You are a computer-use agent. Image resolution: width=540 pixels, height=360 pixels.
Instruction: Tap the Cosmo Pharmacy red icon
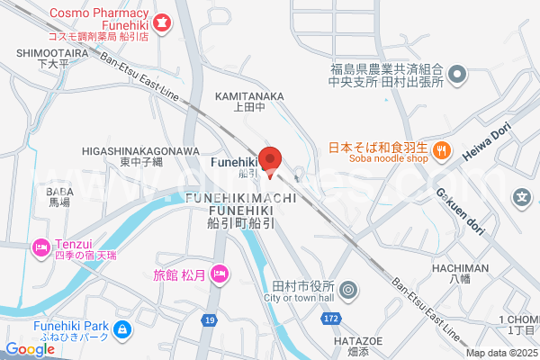click(163, 21)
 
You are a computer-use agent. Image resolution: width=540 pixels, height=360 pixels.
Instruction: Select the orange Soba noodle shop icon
click(441, 151)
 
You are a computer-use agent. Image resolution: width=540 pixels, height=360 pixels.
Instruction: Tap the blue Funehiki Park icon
click(123, 330)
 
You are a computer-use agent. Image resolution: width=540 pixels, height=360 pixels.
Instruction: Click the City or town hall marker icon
click(349, 291)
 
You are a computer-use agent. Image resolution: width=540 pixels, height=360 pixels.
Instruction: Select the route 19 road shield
click(209, 319)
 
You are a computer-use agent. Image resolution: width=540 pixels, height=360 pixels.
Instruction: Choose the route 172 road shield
click(330, 319)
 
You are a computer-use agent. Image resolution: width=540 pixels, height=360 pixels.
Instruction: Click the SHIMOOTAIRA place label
click(50, 53)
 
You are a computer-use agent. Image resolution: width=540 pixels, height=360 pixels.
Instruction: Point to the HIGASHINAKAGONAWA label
click(140, 150)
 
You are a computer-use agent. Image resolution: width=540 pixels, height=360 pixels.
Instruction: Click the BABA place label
click(58, 192)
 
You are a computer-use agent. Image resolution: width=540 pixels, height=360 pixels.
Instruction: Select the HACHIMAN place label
click(459, 268)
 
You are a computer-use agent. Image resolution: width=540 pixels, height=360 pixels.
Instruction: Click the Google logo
click(30, 349)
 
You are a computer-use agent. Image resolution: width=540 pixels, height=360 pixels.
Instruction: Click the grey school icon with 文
click(521, 196)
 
